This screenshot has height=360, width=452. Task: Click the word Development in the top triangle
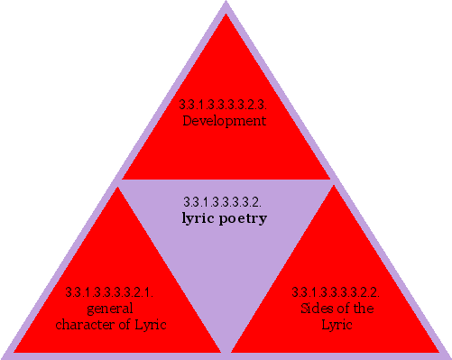point(225,120)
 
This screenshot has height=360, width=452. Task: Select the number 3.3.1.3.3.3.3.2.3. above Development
point(224,106)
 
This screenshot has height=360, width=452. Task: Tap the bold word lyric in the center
point(200,218)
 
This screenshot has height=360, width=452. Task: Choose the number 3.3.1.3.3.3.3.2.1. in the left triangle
point(110,292)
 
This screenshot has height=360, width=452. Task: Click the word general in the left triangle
point(110,309)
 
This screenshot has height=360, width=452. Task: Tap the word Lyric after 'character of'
point(150,324)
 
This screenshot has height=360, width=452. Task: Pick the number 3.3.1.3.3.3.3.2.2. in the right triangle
point(335,292)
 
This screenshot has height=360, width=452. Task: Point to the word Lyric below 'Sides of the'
point(336,324)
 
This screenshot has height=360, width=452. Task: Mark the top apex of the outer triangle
point(226,3)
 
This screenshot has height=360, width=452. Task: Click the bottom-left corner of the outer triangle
point(3,355)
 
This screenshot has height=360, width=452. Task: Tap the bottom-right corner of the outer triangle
point(448,355)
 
